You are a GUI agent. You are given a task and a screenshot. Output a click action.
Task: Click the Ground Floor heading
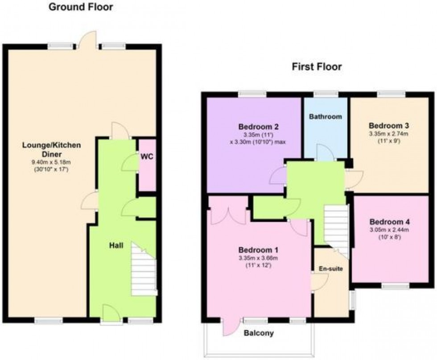pos(80,7)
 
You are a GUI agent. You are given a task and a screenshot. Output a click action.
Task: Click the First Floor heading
pos(317,67)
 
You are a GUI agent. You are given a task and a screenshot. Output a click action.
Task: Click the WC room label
pos(147,157)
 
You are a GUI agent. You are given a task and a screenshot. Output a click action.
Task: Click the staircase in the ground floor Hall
pos(144,272)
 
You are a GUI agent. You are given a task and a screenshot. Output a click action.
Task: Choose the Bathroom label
pos(326,117)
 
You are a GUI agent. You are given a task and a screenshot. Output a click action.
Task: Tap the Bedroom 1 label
pos(256,250)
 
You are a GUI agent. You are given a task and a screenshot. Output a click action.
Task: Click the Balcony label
pos(259,333)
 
